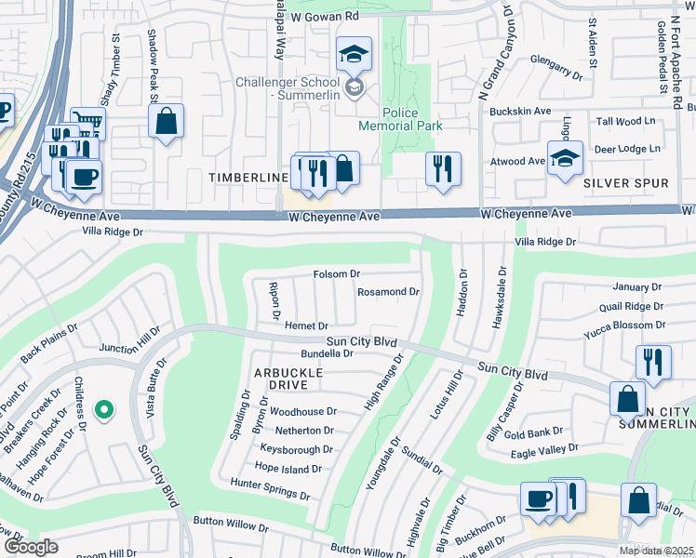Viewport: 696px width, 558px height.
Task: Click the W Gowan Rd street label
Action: pos(325,17)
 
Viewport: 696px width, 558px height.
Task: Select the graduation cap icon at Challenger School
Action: pos(354,55)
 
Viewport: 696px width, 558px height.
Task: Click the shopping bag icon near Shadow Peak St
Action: pos(166,121)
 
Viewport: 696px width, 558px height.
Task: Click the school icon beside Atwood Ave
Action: pos(564,157)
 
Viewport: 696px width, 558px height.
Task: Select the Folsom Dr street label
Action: pos(336,274)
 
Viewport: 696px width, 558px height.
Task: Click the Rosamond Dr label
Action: pos(389,292)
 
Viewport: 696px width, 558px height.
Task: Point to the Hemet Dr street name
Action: pos(306,325)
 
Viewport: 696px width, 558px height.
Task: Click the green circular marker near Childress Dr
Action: pos(105,408)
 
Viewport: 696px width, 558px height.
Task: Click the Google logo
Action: pos(31,547)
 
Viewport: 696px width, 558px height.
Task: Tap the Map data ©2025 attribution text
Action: pos(656,551)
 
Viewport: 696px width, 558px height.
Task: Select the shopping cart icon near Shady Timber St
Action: pos(87,121)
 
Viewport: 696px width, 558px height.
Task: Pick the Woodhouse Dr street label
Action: pos(302,411)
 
